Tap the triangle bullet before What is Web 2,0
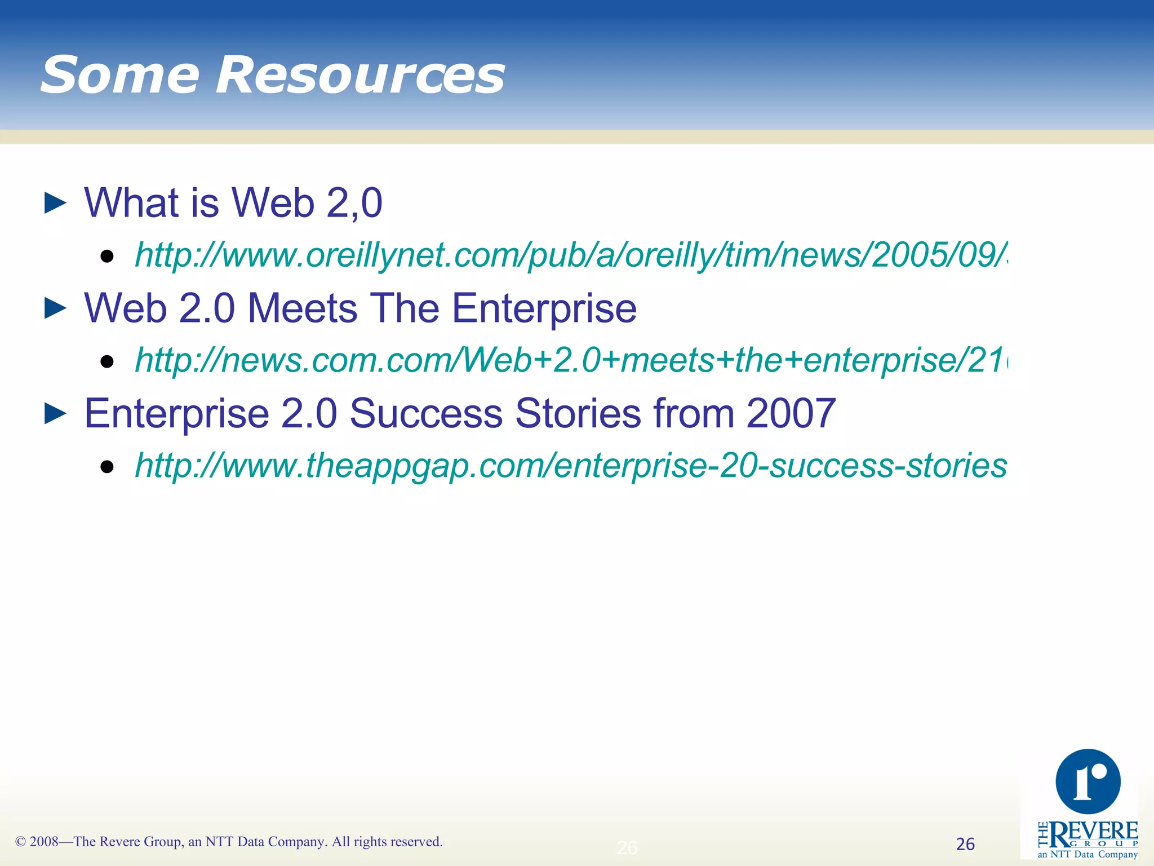(55, 203)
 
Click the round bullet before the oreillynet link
(107, 257)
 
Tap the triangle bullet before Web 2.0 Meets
(55, 308)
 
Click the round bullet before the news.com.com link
(107, 361)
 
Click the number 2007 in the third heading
(791, 413)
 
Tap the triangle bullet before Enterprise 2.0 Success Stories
(55, 414)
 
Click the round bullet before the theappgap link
(107, 467)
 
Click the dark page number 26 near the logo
(965, 844)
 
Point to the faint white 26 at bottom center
(627, 847)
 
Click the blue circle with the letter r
(1088, 781)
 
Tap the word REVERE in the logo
(1094, 832)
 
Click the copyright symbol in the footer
(20, 842)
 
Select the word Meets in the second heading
(303, 308)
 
